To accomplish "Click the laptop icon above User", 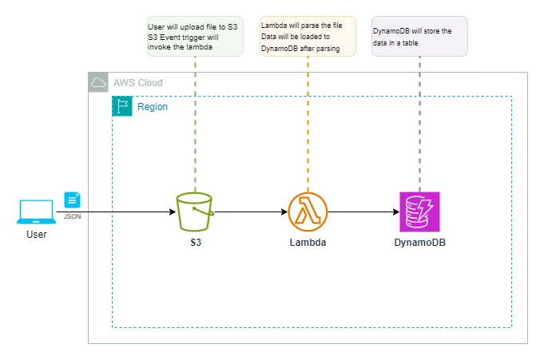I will (36, 211).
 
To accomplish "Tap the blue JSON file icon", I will (73, 200).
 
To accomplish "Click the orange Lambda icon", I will (308, 212).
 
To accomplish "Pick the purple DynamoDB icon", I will (419, 212).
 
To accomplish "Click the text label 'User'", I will (36, 235).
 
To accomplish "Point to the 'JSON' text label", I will (73, 216).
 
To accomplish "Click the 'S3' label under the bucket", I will (195, 241).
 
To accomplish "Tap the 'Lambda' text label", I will (308, 241).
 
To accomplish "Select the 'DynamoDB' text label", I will (419, 241).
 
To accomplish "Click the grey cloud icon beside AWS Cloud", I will (99, 82).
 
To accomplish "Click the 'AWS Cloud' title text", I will (137, 83).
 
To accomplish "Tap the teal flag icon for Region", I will (122, 106).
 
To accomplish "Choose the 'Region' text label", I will (153, 107).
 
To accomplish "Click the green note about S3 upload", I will (195, 38).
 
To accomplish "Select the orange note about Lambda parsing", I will (308, 38).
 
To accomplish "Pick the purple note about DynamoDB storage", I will (419, 38).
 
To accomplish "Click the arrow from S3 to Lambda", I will (251, 212).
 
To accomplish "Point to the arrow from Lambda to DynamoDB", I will (363, 212).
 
